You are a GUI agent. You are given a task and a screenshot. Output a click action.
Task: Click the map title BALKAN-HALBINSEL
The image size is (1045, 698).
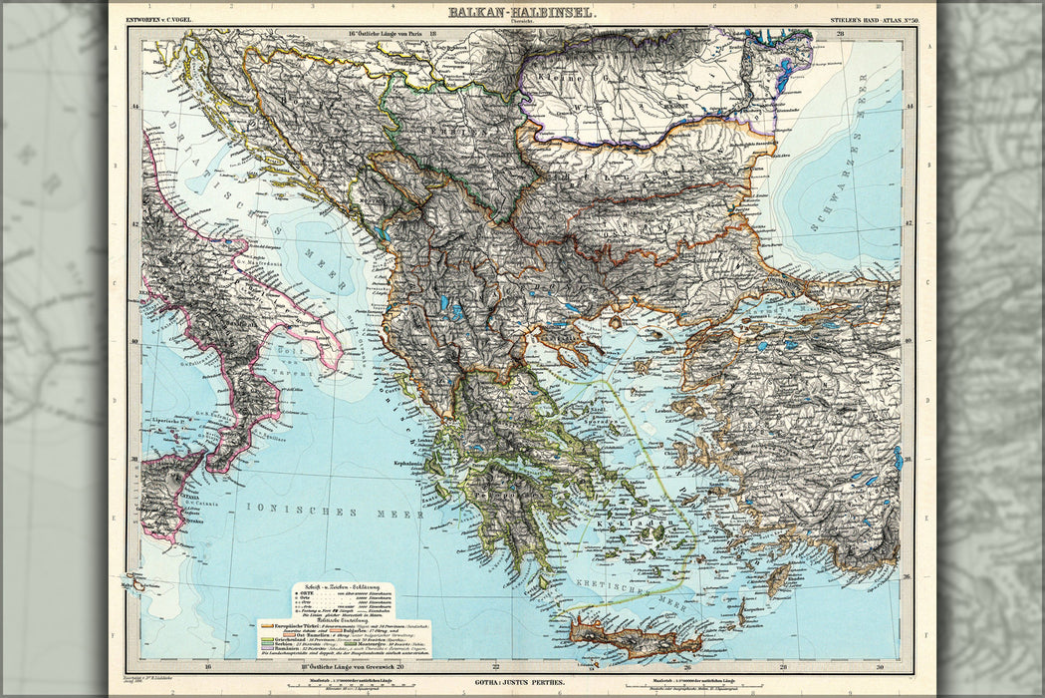[521, 12]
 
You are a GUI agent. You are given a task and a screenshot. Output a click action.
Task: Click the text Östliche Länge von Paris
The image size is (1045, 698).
[384, 34]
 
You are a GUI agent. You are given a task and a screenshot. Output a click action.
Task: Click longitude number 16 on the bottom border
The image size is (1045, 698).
[207, 666]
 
